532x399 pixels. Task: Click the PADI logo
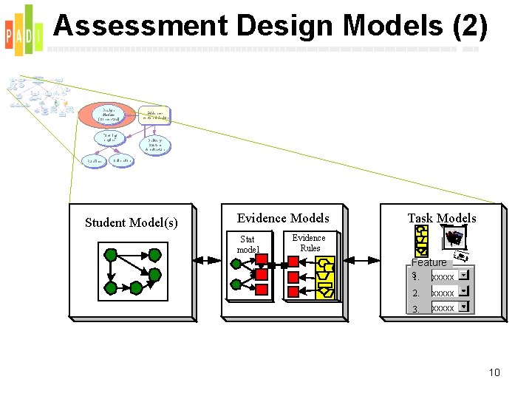click(x=23, y=30)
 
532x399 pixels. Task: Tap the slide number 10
click(x=494, y=372)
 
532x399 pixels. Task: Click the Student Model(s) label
click(x=132, y=222)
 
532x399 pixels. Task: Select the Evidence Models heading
click(x=283, y=218)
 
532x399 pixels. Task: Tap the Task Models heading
click(x=442, y=218)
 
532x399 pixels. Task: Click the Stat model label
click(x=248, y=244)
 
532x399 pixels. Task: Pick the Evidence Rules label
click(x=309, y=242)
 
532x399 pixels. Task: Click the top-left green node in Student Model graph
click(x=111, y=256)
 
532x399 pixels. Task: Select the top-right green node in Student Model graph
click(x=154, y=256)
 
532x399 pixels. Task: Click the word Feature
click(x=429, y=262)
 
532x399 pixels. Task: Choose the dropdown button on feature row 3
click(x=463, y=307)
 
